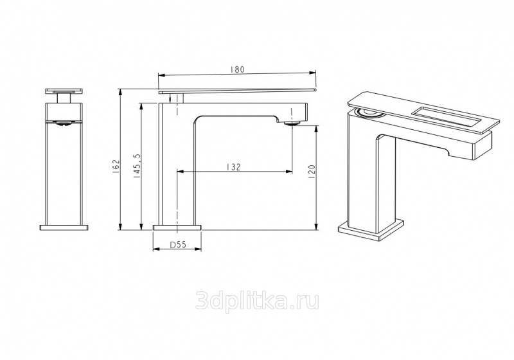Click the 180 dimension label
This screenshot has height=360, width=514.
pos(238,69)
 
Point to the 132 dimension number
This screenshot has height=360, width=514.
pos(233,167)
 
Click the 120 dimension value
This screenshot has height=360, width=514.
pos(312,172)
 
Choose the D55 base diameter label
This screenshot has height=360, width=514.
pos(177,244)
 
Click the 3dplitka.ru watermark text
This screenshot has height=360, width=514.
pos(257,301)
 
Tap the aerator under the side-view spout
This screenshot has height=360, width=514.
pos(292,123)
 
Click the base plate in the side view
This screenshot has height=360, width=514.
pos(177,228)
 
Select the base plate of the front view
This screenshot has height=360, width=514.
pos(64,228)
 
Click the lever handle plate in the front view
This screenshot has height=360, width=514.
pos(64,91)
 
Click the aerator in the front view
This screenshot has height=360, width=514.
pos(64,123)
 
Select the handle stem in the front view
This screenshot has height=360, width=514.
pos(64,98)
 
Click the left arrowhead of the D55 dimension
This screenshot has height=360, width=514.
pos(155,249)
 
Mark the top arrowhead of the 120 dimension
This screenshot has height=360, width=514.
pos(316,129)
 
